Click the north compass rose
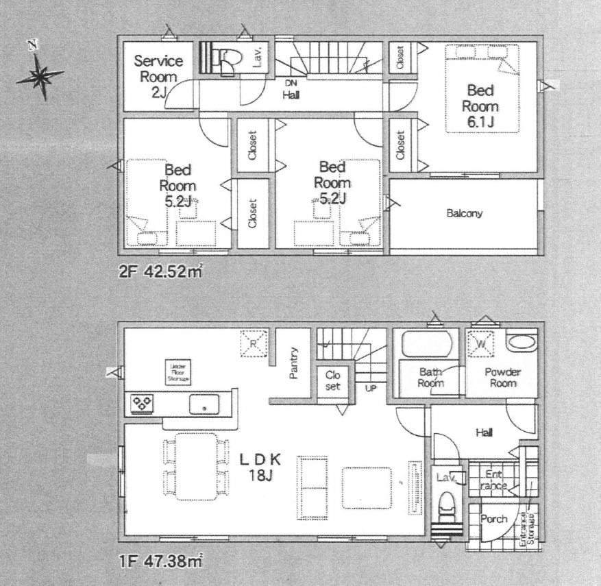(40, 75)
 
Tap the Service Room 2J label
(157, 75)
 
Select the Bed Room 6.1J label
(479, 106)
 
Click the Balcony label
(464, 213)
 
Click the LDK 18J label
(256, 468)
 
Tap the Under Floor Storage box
(178, 372)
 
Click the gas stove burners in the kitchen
(143, 404)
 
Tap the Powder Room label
(502, 378)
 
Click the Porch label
(493, 519)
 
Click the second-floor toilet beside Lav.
(229, 60)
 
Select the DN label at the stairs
(291, 82)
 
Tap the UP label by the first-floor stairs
(371, 388)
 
